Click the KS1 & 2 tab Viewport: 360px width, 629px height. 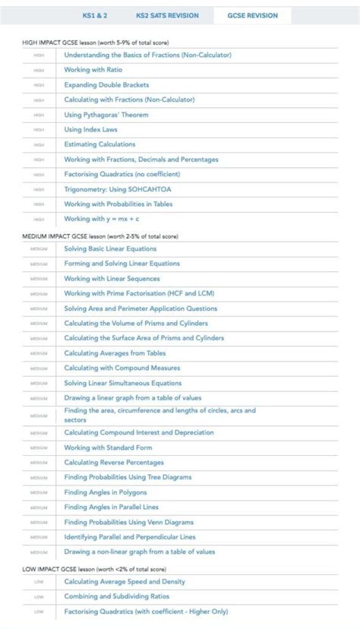[x=96, y=15]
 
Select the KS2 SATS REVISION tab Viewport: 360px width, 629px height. [x=167, y=15]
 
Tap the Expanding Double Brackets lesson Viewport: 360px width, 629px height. [x=106, y=85]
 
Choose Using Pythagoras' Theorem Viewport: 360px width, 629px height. [x=106, y=115]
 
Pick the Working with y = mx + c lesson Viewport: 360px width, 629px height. [x=102, y=219]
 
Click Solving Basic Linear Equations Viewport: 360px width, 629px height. [x=110, y=248]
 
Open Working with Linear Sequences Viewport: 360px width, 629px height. [x=110, y=279]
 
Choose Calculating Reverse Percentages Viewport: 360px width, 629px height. [x=114, y=463]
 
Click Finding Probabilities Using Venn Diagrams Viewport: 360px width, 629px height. [x=129, y=522]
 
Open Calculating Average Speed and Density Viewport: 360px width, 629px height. [x=125, y=582]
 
